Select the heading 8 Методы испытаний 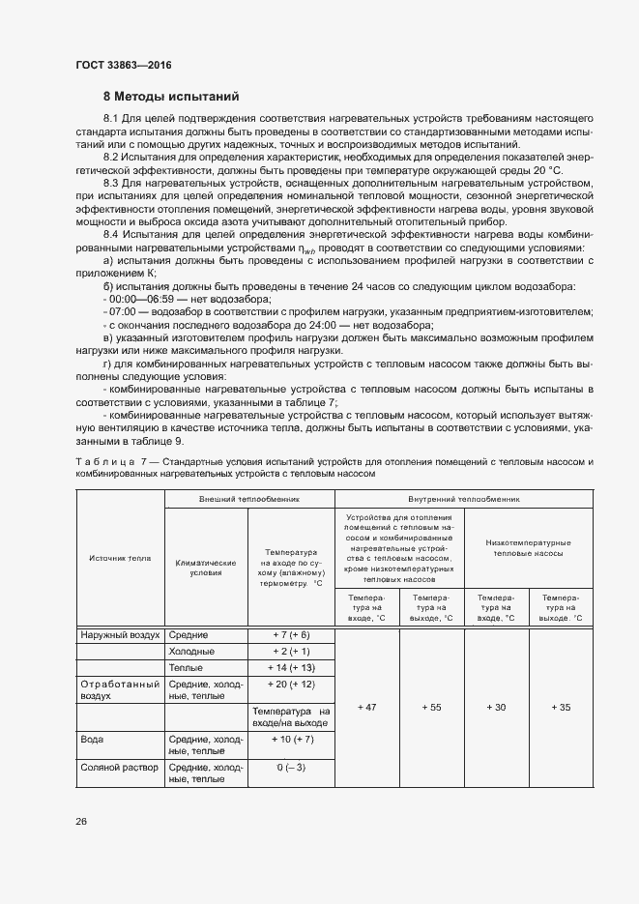[x=164, y=97]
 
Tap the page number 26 [x=81, y=821]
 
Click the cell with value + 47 [x=366, y=708]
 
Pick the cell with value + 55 [x=431, y=708]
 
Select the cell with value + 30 [x=495, y=708]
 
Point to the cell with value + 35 [x=562, y=708]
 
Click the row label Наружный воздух [x=114, y=634]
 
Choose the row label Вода [x=93, y=740]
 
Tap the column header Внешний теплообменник [x=249, y=500]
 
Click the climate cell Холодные [x=192, y=652]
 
